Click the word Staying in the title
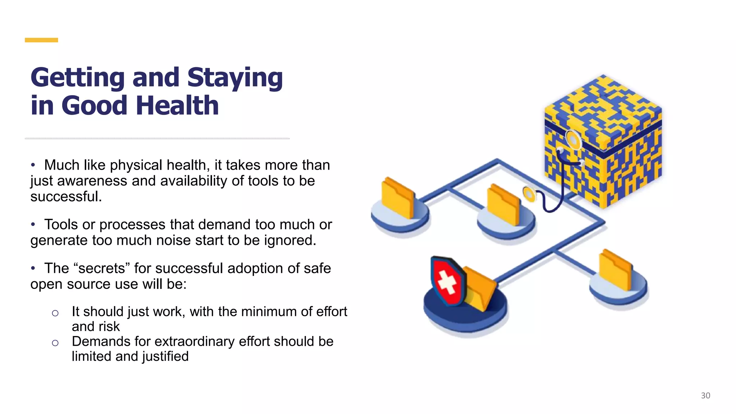(235, 78)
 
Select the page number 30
(705, 396)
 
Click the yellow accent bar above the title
(41, 40)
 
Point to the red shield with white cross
(447, 281)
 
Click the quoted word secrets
(102, 268)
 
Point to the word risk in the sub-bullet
(110, 327)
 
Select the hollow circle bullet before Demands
(55, 343)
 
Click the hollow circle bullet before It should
(55, 313)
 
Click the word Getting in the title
(78, 78)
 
